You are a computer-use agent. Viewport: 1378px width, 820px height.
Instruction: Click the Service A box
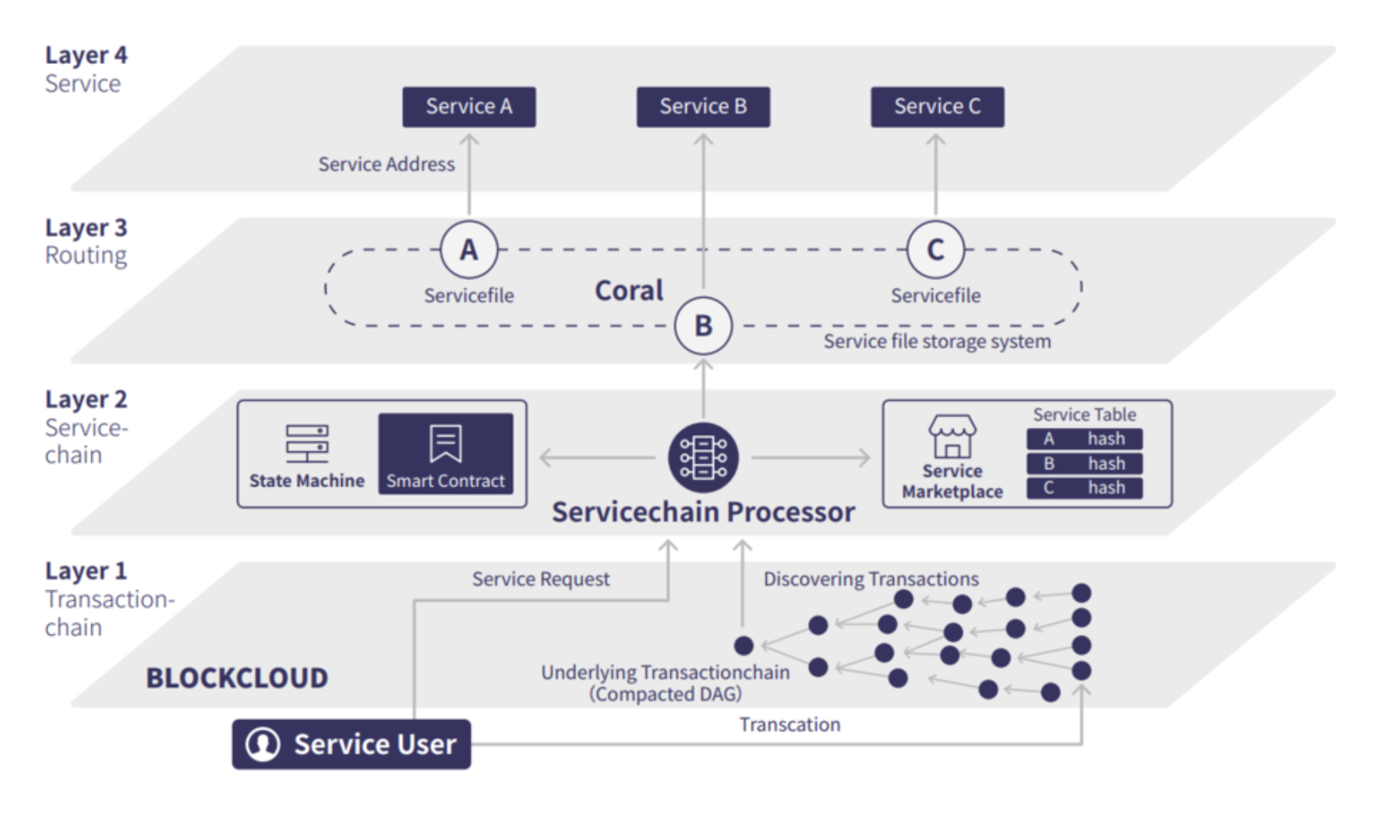pyautogui.click(x=469, y=107)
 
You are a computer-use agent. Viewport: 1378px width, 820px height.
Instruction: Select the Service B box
pyautogui.click(x=703, y=107)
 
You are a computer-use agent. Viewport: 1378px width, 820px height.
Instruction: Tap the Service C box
pyautogui.click(x=937, y=107)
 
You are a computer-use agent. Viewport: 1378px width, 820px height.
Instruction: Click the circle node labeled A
pyautogui.click(x=468, y=249)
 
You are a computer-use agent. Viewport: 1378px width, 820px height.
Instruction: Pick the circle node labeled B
pyautogui.click(x=703, y=325)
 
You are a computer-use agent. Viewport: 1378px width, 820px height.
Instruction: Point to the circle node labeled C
pyautogui.click(x=935, y=249)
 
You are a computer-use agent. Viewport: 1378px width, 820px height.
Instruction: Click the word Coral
pyautogui.click(x=629, y=291)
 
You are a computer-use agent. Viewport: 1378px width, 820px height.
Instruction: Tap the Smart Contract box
pyautogui.click(x=446, y=454)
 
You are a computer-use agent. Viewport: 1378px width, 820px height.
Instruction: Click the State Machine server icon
pyautogui.click(x=307, y=444)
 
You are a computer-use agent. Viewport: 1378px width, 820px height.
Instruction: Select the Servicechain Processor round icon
pyautogui.click(x=703, y=458)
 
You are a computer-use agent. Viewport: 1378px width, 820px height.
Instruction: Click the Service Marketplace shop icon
pyautogui.click(x=952, y=436)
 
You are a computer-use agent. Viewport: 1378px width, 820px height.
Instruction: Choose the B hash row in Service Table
pyautogui.click(x=1084, y=464)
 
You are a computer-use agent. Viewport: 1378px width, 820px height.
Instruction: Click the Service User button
pyautogui.click(x=352, y=744)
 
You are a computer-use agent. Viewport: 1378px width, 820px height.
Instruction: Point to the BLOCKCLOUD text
pyautogui.click(x=237, y=678)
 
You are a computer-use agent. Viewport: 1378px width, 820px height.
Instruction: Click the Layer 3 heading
pyautogui.click(x=86, y=228)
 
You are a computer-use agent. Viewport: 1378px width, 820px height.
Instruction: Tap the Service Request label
pyautogui.click(x=541, y=579)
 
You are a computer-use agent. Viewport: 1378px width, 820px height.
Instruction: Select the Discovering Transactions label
pyautogui.click(x=871, y=579)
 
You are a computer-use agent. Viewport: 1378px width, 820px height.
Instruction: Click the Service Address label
pyautogui.click(x=387, y=164)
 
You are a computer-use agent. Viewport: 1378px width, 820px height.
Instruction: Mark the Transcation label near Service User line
pyautogui.click(x=790, y=725)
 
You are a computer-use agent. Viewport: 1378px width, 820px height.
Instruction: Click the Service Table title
pyautogui.click(x=1084, y=415)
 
